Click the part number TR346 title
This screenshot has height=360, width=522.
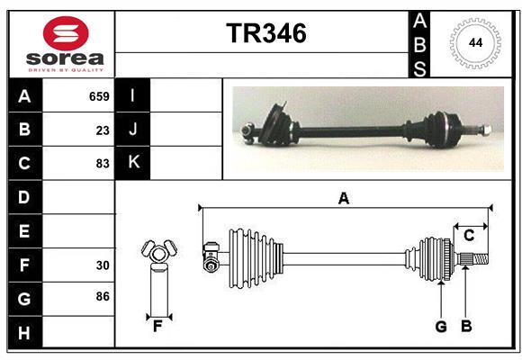click(265, 33)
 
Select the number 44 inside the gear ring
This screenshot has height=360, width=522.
click(473, 43)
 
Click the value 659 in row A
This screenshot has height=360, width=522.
click(99, 96)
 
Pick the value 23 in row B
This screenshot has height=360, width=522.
click(103, 130)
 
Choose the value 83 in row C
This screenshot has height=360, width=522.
click(103, 164)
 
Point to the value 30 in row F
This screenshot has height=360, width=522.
click(103, 265)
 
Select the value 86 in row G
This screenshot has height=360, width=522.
click(103, 296)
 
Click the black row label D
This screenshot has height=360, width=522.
click(24, 197)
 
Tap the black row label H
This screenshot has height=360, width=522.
click(24, 333)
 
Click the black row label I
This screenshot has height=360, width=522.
click(132, 96)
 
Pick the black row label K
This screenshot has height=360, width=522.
click(132, 163)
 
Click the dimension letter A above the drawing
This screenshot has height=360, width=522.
click(343, 198)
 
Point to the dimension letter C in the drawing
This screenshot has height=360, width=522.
click(469, 236)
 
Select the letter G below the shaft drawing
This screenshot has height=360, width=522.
click(441, 327)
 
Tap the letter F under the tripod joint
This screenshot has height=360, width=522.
click(157, 326)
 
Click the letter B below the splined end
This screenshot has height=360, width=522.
click(466, 327)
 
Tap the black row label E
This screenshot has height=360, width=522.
click(24, 231)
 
